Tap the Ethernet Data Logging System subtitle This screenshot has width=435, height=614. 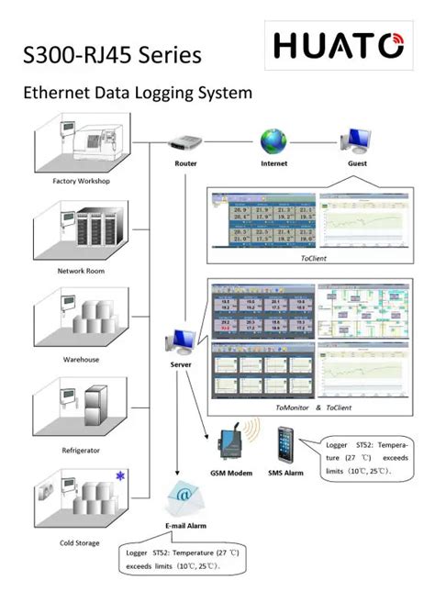137,94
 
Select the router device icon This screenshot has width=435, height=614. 185,142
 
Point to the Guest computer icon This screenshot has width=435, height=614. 356,140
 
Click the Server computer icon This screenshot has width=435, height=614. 180,342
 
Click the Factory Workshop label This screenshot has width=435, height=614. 82,182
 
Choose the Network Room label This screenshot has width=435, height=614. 82,271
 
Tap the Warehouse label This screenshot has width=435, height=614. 81,360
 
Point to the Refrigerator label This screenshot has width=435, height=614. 81,451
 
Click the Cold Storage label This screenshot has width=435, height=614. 81,543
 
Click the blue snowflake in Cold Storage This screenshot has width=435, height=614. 119,474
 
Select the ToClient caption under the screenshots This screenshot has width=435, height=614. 313,259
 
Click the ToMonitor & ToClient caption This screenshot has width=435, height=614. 313,407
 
